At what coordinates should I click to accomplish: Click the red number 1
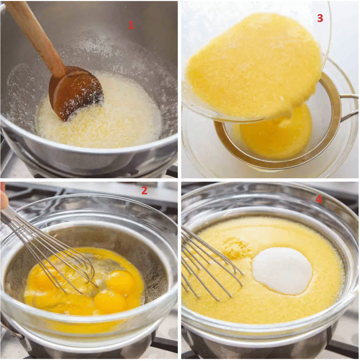point(131,25)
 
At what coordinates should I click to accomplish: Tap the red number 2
point(144,191)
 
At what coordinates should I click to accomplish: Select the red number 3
point(320,19)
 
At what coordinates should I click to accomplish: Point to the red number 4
point(319,200)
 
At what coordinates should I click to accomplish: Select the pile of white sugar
point(282,270)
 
